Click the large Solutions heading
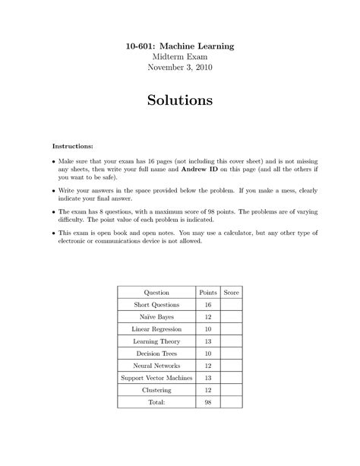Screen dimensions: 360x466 (180, 100)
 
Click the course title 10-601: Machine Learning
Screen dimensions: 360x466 (180, 46)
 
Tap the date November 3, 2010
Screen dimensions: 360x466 (180, 67)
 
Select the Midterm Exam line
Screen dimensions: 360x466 (180, 56)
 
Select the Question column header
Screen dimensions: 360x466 (156, 292)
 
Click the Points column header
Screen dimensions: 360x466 (207, 292)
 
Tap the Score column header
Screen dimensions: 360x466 (231, 292)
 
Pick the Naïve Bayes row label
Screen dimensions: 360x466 (156, 317)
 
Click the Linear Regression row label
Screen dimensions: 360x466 (156, 329)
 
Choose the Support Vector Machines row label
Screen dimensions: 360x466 (156, 378)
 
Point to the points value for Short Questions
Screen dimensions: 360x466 (207, 305)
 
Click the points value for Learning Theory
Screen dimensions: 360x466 (207, 341)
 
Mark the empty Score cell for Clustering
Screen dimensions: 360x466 (231, 390)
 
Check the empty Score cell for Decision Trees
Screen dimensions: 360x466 (231, 353)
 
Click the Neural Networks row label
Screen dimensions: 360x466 (156, 366)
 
